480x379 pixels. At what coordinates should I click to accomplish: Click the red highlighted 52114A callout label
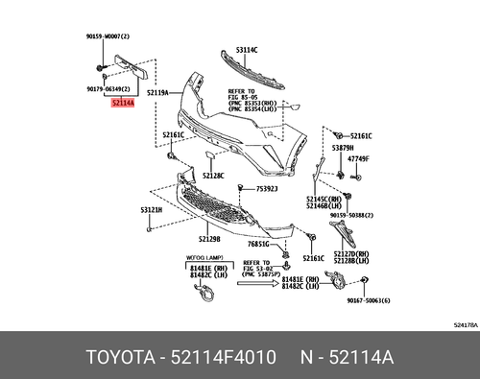tap(123, 98)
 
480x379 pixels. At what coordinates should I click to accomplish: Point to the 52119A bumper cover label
tap(156, 93)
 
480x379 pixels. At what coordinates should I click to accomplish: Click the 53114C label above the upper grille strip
tap(247, 49)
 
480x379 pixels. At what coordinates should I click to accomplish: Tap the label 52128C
tap(212, 176)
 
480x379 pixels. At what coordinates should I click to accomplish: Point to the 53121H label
tap(151, 209)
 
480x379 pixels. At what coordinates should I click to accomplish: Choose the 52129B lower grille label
tap(209, 239)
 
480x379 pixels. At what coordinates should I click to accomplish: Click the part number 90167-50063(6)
tap(394, 300)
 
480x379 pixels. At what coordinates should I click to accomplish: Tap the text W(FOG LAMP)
tap(205, 257)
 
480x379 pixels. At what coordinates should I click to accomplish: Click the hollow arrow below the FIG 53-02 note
tap(261, 286)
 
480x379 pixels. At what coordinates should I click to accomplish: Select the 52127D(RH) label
tap(352, 253)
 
